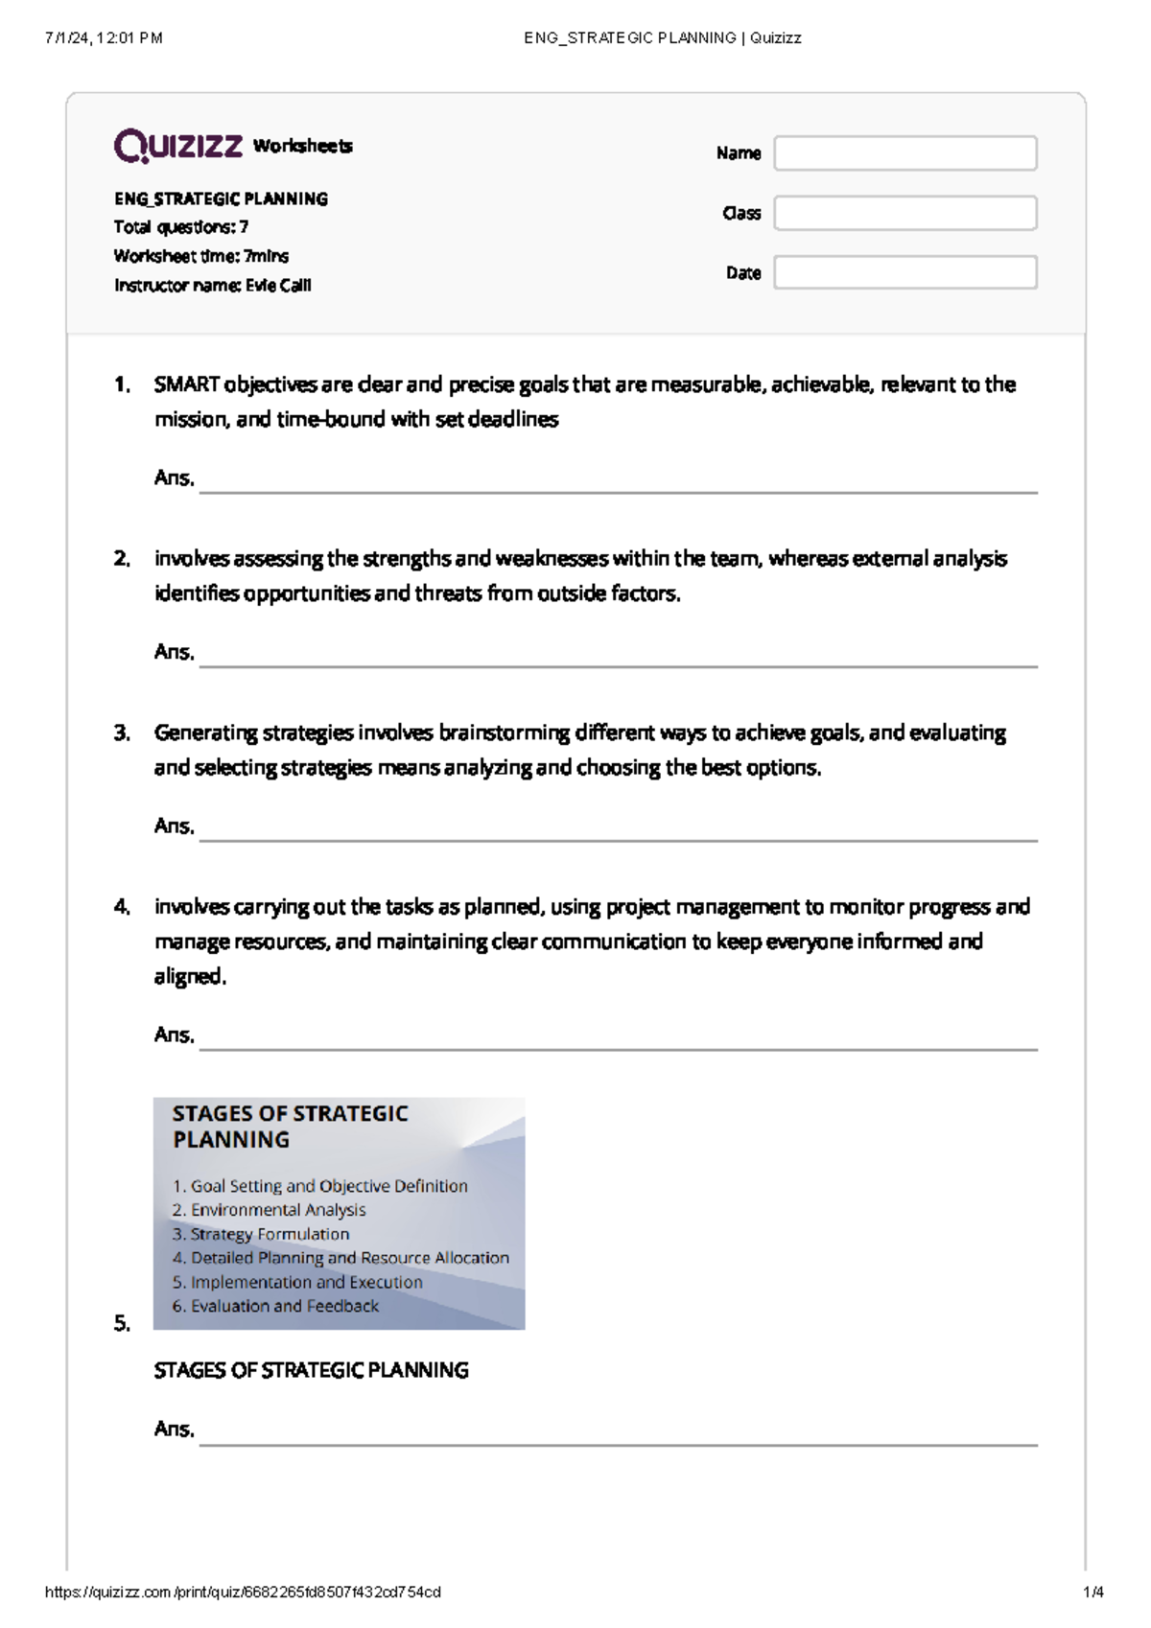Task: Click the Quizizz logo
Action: coord(178,146)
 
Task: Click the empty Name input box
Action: coord(904,153)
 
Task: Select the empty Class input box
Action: coord(904,213)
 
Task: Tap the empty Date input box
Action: coord(904,272)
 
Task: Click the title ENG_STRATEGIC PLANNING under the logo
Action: coord(221,199)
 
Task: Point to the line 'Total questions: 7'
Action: coord(180,227)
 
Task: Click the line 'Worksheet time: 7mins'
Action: coord(200,256)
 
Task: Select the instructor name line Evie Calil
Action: coord(212,286)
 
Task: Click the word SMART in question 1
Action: coord(186,384)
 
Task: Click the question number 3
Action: coord(121,733)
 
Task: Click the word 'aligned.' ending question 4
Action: coord(190,977)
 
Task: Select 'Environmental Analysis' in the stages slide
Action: coord(277,1210)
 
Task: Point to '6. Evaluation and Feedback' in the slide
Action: coord(275,1306)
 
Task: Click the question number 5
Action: coord(121,1324)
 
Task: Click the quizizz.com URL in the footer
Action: coord(243,1593)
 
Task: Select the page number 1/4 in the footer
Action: coord(1092,1593)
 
